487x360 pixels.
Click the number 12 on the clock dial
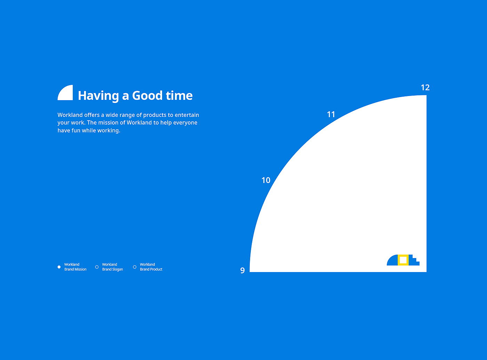(425, 88)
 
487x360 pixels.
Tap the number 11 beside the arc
(331, 114)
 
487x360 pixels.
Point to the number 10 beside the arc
(266, 180)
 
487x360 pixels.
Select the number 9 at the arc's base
(242, 270)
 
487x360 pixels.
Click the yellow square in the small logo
(403, 260)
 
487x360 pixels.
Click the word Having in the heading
(98, 96)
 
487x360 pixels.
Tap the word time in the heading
(179, 96)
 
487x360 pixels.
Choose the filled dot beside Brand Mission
(59, 267)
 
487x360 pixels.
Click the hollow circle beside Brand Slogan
(97, 267)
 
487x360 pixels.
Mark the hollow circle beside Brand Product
(135, 267)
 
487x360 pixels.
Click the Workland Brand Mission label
(75, 267)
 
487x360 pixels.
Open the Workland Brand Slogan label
(112, 267)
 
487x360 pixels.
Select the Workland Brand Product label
(151, 267)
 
